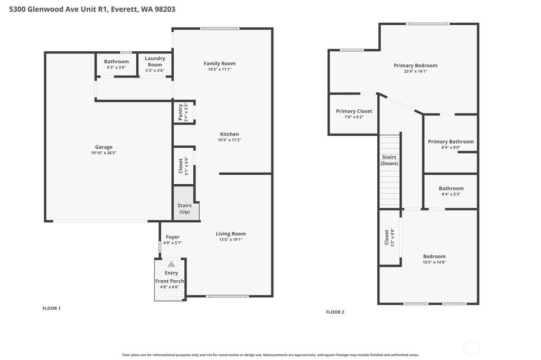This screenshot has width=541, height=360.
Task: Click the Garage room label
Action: click(104, 147)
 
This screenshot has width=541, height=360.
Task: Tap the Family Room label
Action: click(219, 64)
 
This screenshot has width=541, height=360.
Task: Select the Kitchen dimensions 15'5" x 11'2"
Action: click(229, 140)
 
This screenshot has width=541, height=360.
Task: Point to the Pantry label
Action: click(181, 112)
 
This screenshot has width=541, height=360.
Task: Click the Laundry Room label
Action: click(155, 61)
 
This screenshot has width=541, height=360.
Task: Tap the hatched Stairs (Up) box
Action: click(184, 209)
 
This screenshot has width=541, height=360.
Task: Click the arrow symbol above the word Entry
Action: click(171, 264)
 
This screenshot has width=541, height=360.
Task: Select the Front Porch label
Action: click(170, 281)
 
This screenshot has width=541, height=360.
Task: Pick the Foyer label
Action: click(172, 237)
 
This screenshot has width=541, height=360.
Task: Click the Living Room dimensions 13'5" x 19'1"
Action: click(230, 240)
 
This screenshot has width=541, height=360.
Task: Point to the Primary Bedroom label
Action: click(415, 65)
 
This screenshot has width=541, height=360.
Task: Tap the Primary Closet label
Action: click(354, 111)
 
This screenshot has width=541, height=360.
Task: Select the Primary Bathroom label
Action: click(451, 141)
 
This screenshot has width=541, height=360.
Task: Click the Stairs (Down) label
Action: click(389, 160)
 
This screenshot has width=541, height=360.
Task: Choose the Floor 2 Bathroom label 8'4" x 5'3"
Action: click(451, 188)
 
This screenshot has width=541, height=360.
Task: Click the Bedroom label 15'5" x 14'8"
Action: click(434, 257)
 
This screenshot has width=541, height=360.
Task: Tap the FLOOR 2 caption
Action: click(335, 312)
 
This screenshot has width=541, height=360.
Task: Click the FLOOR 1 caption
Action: click(51, 308)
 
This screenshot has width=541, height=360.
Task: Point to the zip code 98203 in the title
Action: click(164, 9)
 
